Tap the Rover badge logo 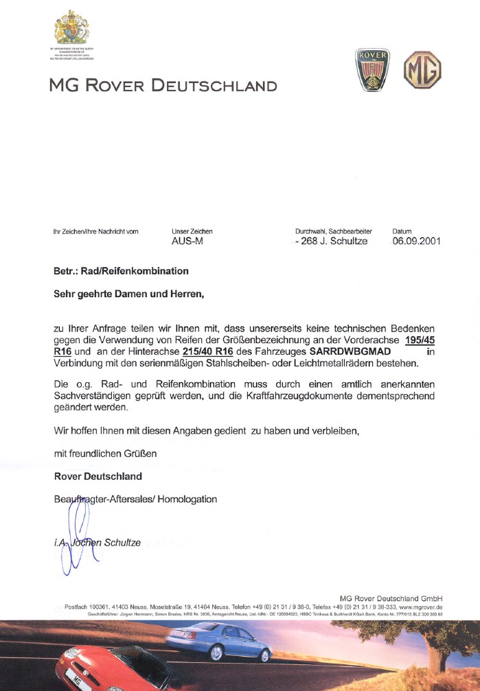click(x=372, y=70)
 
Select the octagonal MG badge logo click(x=422, y=69)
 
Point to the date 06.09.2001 click(x=416, y=242)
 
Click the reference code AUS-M click(x=187, y=242)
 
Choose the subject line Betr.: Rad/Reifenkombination click(x=121, y=272)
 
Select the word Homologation click(x=187, y=499)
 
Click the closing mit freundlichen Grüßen click(x=106, y=454)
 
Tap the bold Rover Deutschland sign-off click(x=98, y=476)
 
